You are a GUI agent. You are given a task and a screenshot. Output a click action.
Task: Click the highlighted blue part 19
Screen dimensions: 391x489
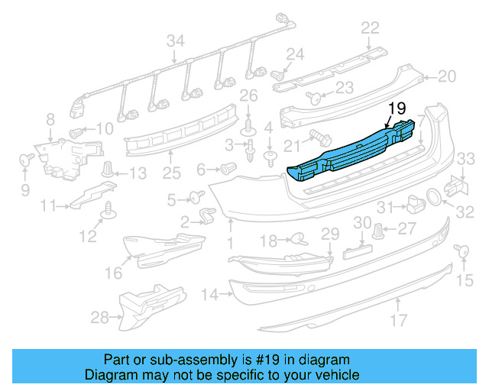coord(351,153)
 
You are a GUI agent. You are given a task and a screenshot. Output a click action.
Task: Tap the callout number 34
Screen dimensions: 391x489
coord(176,40)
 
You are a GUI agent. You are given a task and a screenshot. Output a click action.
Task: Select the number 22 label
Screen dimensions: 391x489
coord(370,28)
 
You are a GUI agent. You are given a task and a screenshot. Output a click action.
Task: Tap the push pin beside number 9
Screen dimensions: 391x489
coord(25,160)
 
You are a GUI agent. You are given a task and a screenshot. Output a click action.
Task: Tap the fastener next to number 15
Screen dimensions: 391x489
coord(461,251)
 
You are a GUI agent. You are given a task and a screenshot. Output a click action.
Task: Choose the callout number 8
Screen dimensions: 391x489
coord(50,119)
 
